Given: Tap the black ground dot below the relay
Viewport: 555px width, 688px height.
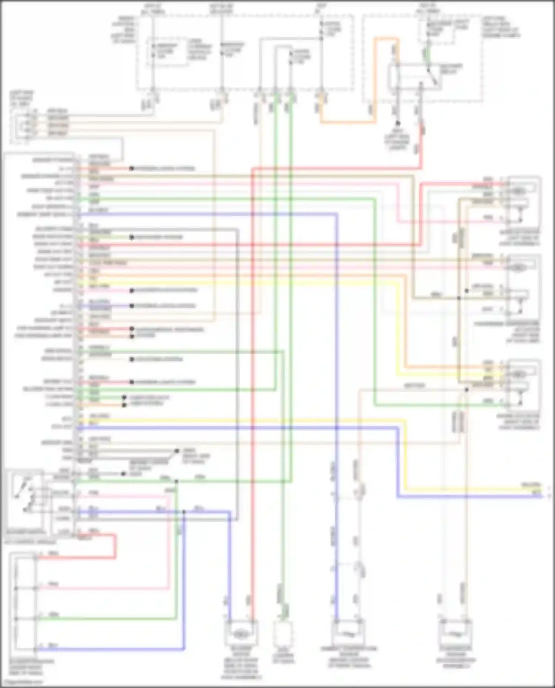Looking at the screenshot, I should point(398,123).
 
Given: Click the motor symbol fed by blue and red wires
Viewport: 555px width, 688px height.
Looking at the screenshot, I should point(241,634).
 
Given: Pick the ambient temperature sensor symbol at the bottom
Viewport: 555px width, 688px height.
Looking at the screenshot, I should point(348,634).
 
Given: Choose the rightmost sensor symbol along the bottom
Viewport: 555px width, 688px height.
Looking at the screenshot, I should point(455,634).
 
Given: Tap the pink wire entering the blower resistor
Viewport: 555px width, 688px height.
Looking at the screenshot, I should point(104,587).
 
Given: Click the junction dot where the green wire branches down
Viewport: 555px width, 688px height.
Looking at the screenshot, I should point(176,481).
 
